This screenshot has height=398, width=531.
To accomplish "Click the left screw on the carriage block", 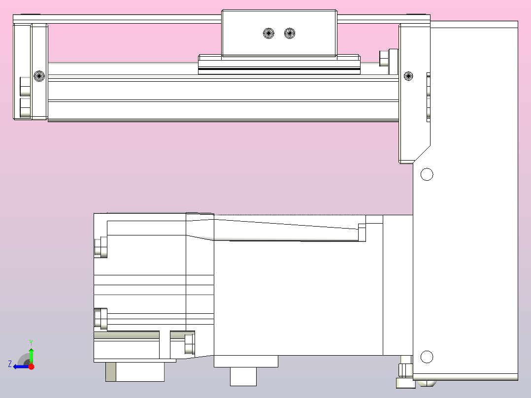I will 268,33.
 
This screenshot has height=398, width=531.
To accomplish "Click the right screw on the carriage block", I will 290,33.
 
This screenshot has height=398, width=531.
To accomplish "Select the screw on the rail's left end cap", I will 39,76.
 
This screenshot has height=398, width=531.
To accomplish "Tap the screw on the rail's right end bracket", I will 408,76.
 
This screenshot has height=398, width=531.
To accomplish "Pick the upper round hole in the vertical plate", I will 427,174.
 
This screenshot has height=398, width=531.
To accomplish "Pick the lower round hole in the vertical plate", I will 427,357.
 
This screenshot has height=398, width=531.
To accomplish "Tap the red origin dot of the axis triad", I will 31,366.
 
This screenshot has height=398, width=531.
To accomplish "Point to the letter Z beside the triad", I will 10,364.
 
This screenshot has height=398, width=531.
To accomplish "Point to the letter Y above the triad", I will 31,342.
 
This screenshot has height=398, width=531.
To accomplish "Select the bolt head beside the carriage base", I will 384,58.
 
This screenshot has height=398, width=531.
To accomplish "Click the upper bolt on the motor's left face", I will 100,247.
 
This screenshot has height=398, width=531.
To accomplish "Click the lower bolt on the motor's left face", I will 100,319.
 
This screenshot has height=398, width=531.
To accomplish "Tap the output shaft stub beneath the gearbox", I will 243,377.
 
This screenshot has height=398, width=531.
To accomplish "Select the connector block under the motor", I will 135,372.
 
